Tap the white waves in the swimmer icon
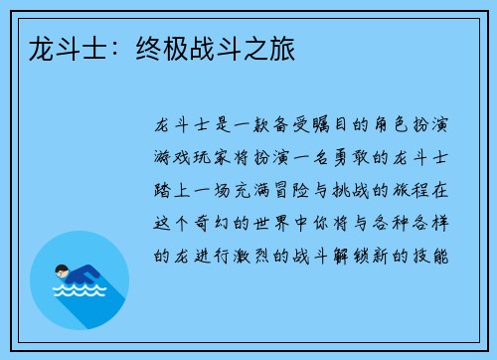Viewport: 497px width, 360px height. [79, 294]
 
